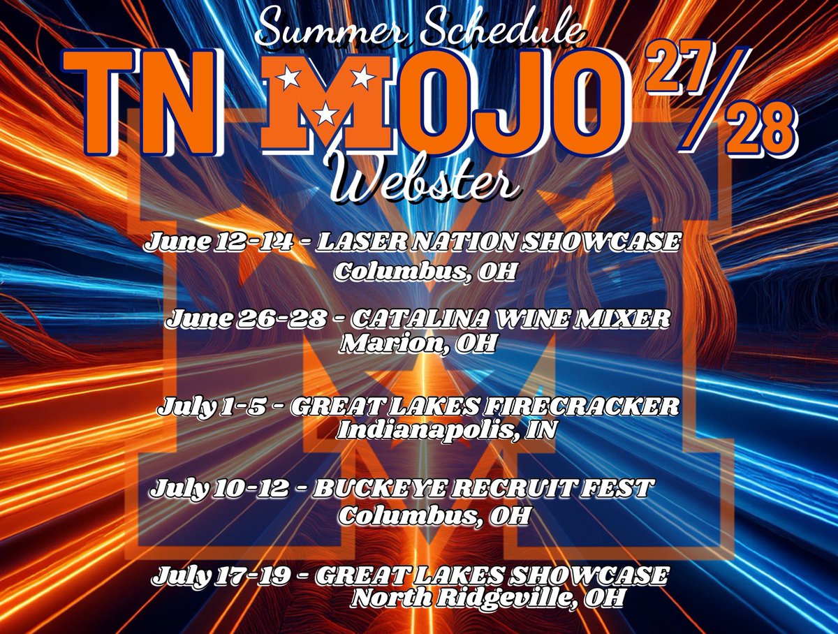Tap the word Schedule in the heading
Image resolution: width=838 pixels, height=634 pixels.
(496, 31)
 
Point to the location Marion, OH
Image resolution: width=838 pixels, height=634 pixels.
(417, 344)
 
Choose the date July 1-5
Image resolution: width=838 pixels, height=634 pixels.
(213, 406)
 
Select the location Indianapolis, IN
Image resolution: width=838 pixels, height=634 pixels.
(447, 429)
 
